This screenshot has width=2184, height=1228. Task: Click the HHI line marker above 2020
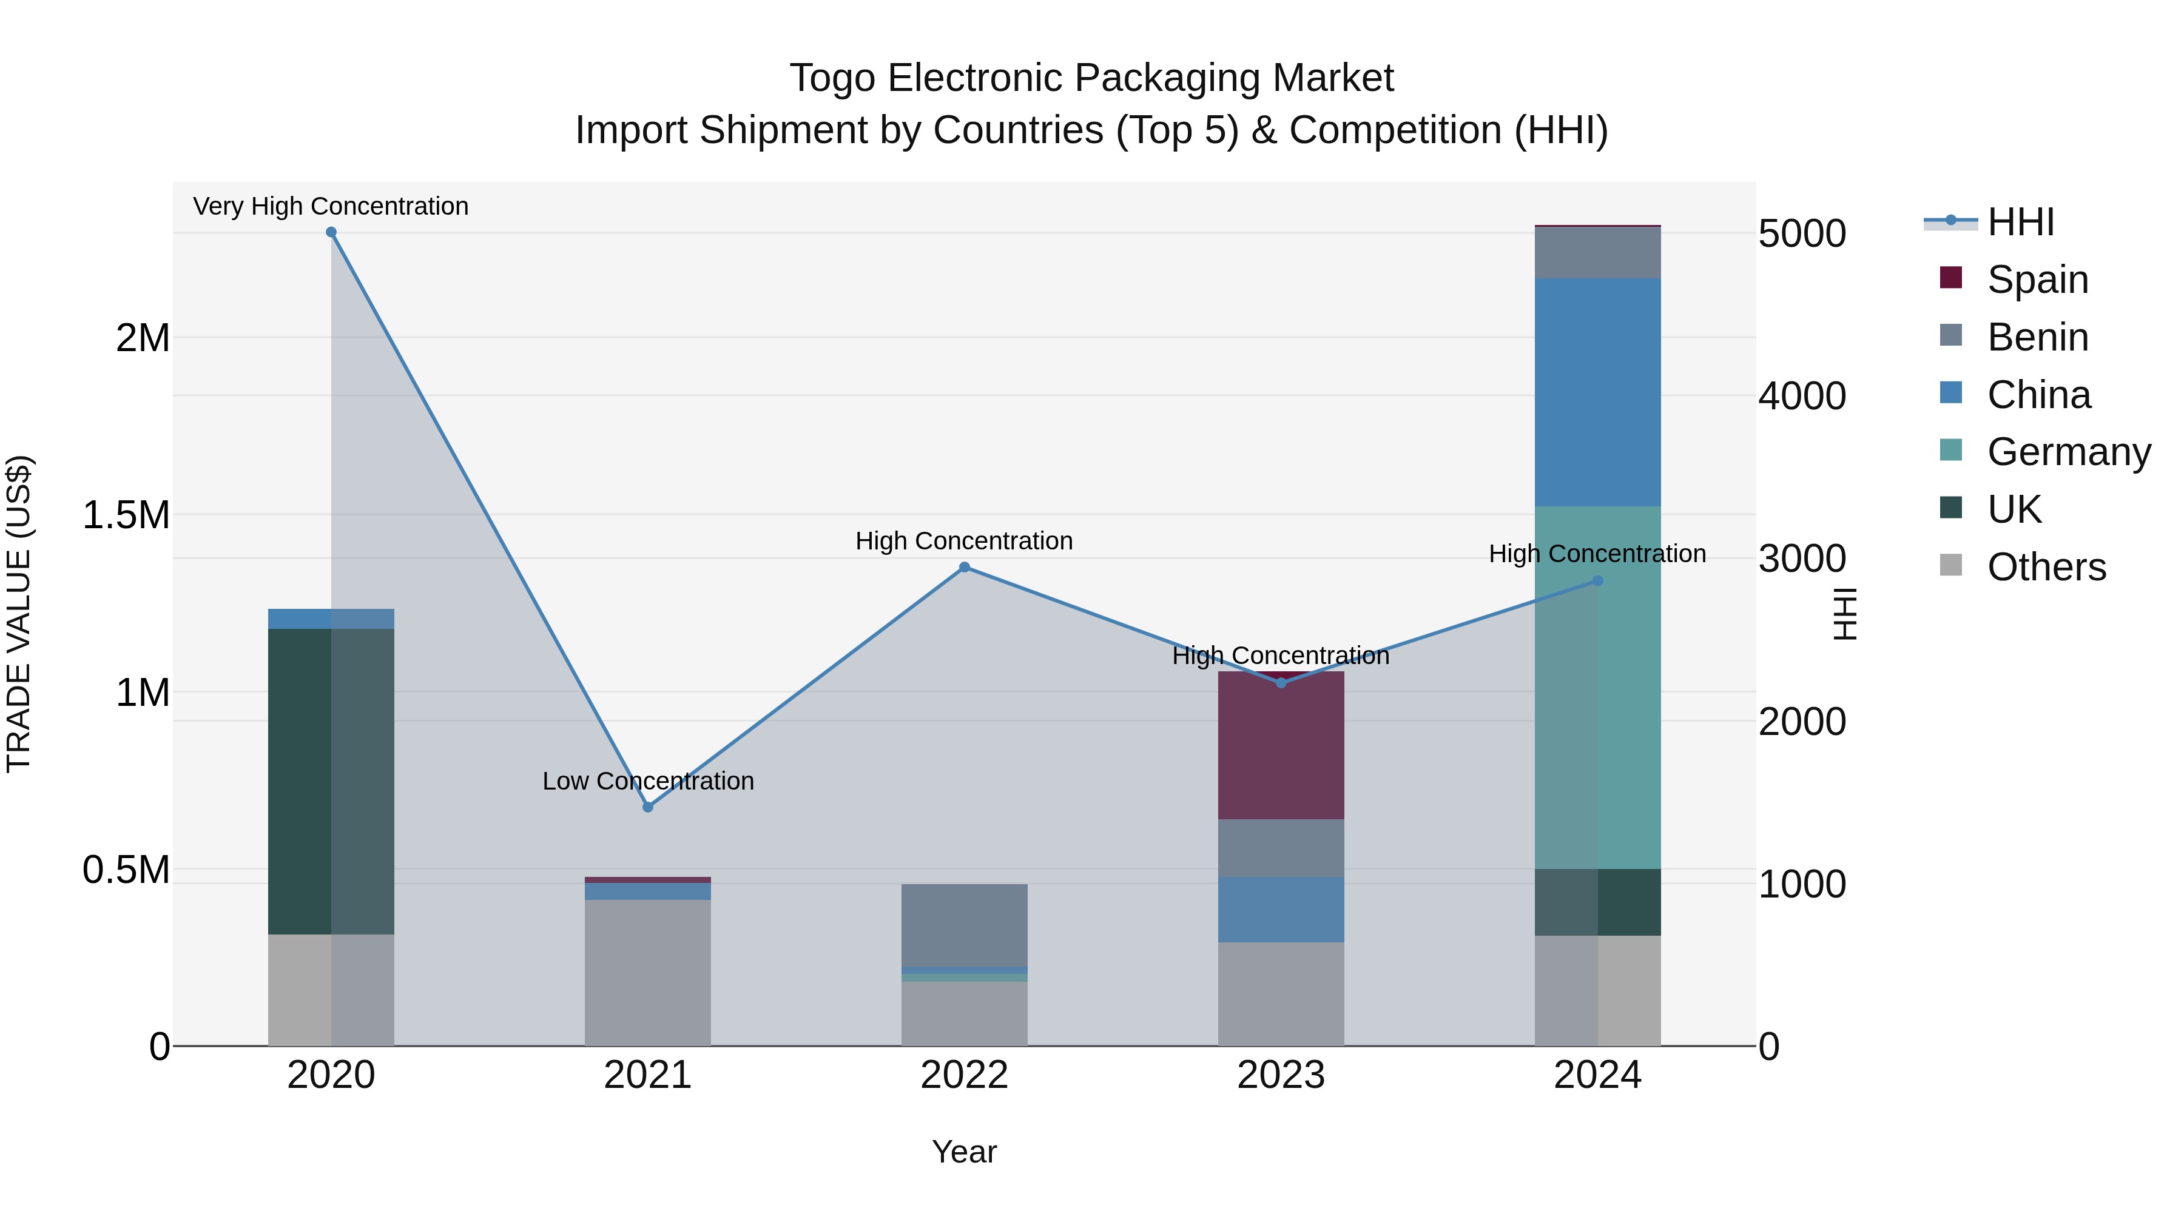click(x=331, y=232)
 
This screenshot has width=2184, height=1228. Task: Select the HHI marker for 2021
click(x=648, y=807)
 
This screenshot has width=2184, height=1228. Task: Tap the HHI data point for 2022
click(x=964, y=567)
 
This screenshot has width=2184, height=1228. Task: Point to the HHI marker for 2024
click(x=1597, y=580)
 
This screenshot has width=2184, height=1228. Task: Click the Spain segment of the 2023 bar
click(x=1281, y=746)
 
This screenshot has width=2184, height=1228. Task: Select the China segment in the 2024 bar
click(x=1597, y=392)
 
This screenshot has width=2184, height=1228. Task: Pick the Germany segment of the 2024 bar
click(x=1597, y=686)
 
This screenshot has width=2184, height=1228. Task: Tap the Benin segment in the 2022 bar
click(x=964, y=925)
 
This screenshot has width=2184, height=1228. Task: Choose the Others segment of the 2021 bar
click(x=648, y=972)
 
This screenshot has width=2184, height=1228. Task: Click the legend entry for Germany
click(x=2069, y=452)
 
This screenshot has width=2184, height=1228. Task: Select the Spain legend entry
click(x=2037, y=280)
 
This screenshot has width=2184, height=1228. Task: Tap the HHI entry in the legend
click(x=2020, y=222)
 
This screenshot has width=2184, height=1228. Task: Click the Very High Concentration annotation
click(x=331, y=206)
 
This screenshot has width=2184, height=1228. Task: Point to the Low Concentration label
click(x=648, y=780)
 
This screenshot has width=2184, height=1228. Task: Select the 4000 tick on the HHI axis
click(x=1802, y=396)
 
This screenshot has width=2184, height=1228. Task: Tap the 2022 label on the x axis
click(x=964, y=1075)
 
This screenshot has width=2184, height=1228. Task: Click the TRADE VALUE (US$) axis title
click(x=19, y=614)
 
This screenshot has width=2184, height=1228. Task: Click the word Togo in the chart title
click(x=832, y=78)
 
